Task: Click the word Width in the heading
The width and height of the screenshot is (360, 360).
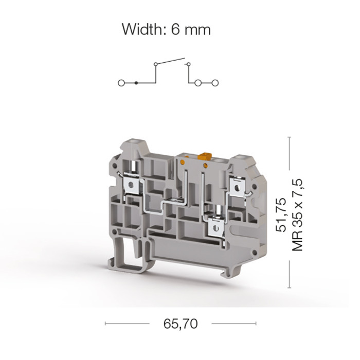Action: coord(142,29)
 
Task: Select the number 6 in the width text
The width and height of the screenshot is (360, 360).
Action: coord(175,29)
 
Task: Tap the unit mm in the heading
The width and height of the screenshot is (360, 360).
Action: coord(197,31)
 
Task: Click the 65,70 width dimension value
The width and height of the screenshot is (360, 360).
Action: coord(181,323)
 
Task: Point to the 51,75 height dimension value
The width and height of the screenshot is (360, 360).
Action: coord(281,214)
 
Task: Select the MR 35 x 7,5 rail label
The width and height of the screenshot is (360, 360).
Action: coord(298,215)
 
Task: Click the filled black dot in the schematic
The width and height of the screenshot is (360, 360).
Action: coord(136,83)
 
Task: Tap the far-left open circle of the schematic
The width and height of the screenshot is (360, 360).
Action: coord(121,83)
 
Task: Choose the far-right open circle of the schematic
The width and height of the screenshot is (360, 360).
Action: coord(215,83)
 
